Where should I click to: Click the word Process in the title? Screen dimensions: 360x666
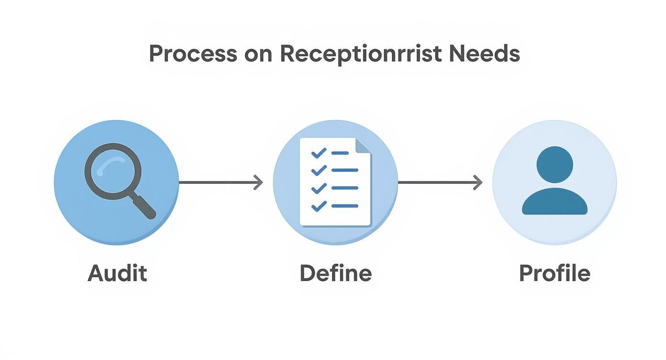[x=193, y=54]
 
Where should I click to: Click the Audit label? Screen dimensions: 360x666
[x=117, y=273]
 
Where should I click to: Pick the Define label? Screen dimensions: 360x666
[x=335, y=273]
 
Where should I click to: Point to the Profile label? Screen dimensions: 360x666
[x=555, y=273]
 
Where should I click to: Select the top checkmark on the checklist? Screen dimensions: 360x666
[x=318, y=153]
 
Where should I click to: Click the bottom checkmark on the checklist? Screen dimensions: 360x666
[x=318, y=206]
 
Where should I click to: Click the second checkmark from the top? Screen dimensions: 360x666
[x=318, y=170]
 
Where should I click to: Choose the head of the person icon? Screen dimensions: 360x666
[x=555, y=164]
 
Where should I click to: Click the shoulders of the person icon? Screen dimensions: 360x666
[x=555, y=202]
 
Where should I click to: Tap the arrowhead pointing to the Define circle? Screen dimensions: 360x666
[x=259, y=182]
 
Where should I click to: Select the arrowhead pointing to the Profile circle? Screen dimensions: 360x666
[x=478, y=182]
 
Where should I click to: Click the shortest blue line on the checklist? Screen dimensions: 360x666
[x=340, y=153]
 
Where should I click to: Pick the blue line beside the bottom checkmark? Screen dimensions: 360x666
[x=344, y=206]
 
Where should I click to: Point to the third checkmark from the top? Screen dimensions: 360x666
[x=318, y=188]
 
